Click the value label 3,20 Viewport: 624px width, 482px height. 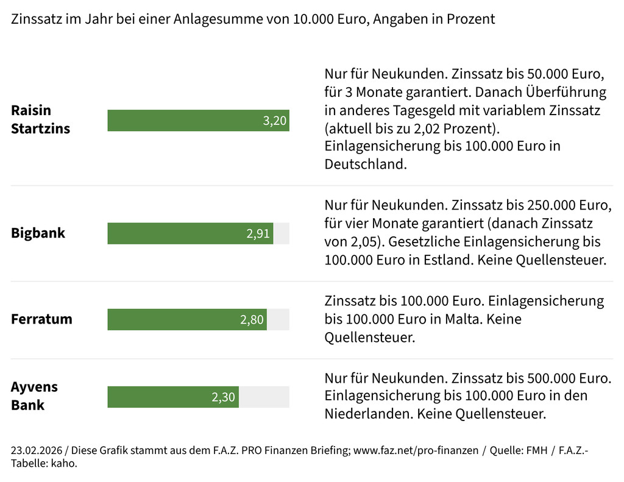click(274, 121)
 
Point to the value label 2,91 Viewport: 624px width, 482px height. click(258, 234)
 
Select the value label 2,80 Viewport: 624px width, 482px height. click(252, 320)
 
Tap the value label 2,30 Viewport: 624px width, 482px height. click(223, 397)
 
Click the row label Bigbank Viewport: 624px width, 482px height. click(38, 233)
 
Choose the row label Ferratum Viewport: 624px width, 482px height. click(41, 319)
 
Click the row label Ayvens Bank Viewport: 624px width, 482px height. click(34, 396)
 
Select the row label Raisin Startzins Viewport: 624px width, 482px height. click(40, 119)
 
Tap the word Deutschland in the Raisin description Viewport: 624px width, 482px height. click(365, 165)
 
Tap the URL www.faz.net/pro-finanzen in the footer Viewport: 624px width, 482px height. click(416, 451)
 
